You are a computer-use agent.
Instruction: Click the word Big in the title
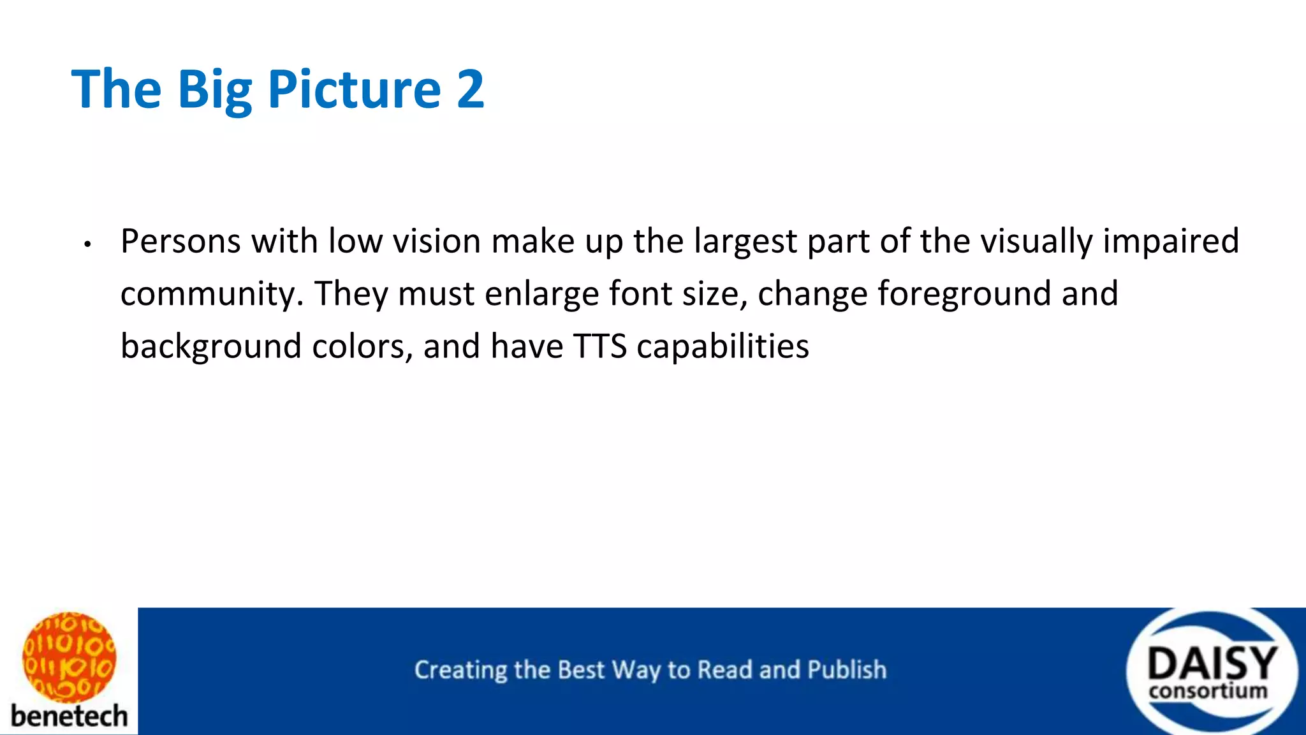(215, 89)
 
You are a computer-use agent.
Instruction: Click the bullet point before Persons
(88, 244)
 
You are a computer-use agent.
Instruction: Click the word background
(210, 347)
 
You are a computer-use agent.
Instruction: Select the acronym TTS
(599, 346)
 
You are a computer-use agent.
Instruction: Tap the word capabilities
(723, 347)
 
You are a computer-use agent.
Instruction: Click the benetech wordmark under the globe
(69, 716)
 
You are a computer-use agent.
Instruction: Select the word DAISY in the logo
(1212, 664)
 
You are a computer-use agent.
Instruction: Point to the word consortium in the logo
(1208, 691)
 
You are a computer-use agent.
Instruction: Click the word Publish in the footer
(847, 670)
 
